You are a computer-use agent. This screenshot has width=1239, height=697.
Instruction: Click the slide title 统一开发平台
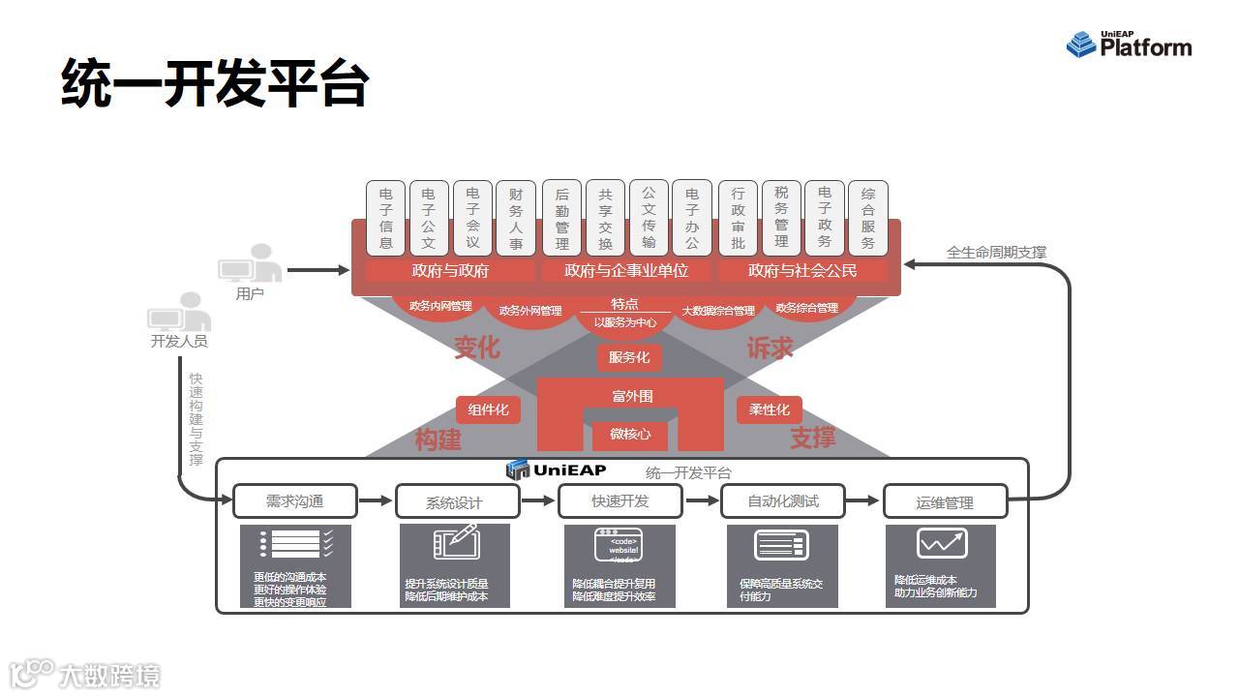[215, 83]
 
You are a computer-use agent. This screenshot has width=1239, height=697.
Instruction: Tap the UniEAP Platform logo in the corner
[1129, 45]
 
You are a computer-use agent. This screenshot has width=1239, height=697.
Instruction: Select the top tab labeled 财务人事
[515, 217]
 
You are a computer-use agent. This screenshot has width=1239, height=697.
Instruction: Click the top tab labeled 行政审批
[738, 217]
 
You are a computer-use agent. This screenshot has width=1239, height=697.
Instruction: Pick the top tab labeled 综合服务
[867, 217]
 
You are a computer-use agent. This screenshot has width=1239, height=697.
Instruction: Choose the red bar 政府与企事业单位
[626, 270]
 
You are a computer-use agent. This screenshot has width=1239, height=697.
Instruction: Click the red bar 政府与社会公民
[802, 270]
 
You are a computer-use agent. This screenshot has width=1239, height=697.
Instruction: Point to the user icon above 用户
[249, 263]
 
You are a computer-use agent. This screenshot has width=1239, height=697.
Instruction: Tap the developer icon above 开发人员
[179, 313]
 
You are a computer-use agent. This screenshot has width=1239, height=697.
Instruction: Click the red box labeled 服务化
[629, 357]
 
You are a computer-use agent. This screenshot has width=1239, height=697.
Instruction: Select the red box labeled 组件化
[488, 409]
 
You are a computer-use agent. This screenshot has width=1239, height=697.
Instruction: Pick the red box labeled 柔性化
[770, 409]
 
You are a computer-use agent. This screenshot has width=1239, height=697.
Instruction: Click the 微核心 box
[630, 434]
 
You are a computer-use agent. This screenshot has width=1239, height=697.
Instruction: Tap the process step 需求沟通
[294, 501]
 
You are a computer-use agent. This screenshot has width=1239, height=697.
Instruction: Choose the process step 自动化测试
[783, 501]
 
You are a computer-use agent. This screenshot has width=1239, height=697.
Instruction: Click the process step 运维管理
[945, 502]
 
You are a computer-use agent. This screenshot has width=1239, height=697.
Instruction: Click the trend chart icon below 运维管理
[942, 543]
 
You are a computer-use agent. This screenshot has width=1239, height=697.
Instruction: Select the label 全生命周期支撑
[996, 252]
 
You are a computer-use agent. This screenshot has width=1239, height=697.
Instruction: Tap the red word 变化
[476, 347]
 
